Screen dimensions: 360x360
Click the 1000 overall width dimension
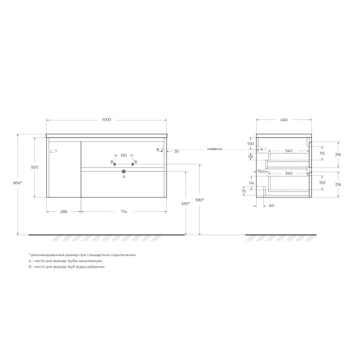point(106,120)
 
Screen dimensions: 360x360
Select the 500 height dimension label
point(35,167)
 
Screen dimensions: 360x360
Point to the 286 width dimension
point(63,211)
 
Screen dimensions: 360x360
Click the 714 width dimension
point(124,211)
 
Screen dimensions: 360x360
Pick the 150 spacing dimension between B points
point(124,155)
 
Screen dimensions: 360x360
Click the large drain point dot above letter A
point(124,171)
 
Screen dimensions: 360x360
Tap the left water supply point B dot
point(114,164)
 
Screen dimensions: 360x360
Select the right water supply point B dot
point(133,164)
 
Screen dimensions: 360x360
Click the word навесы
point(215,149)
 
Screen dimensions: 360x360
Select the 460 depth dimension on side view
point(283,120)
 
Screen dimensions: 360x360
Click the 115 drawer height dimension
point(322,154)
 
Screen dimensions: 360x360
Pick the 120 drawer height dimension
point(322,182)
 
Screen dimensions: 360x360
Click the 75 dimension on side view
point(244,191)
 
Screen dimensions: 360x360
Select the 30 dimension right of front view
point(176,151)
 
